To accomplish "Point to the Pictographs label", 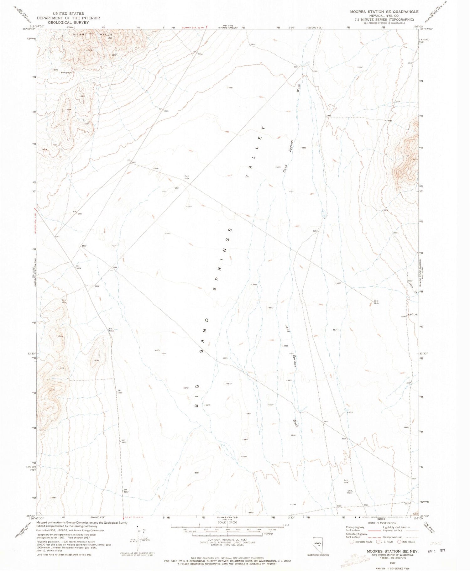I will pos(67,72).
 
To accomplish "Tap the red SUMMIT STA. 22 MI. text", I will pos(194,27).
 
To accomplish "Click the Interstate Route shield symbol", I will pos(352,542).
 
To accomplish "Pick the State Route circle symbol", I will pos(399,542).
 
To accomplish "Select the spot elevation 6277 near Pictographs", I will pos(56,70).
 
